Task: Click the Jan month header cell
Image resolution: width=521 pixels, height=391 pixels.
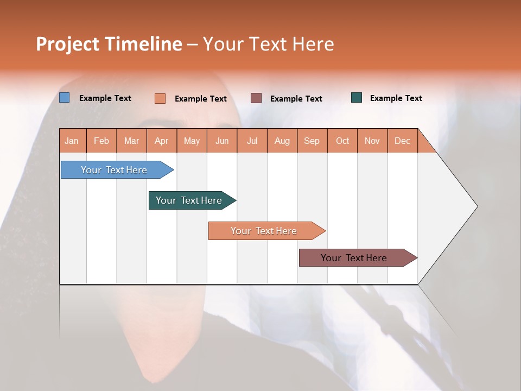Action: click(72, 141)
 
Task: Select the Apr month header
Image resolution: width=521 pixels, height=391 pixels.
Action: click(162, 141)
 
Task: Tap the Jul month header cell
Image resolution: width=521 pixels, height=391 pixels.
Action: click(252, 141)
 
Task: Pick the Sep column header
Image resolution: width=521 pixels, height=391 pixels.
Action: click(312, 141)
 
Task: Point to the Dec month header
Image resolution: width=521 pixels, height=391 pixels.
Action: click(402, 141)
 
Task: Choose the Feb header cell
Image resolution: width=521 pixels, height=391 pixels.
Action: click(101, 141)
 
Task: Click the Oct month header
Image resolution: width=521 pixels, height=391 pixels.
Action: click(342, 141)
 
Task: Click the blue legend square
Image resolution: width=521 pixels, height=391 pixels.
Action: click(65, 98)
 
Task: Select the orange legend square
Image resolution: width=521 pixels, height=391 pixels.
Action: click(160, 98)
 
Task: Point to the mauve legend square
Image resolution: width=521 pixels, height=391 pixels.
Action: click(256, 98)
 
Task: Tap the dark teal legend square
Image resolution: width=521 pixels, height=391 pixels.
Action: click(357, 98)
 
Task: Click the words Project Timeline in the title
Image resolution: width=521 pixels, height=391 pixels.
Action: click(109, 44)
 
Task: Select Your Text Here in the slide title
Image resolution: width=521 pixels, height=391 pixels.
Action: click(269, 44)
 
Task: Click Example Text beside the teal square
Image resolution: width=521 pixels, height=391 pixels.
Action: click(396, 98)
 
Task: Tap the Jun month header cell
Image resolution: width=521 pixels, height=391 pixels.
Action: click(222, 141)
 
